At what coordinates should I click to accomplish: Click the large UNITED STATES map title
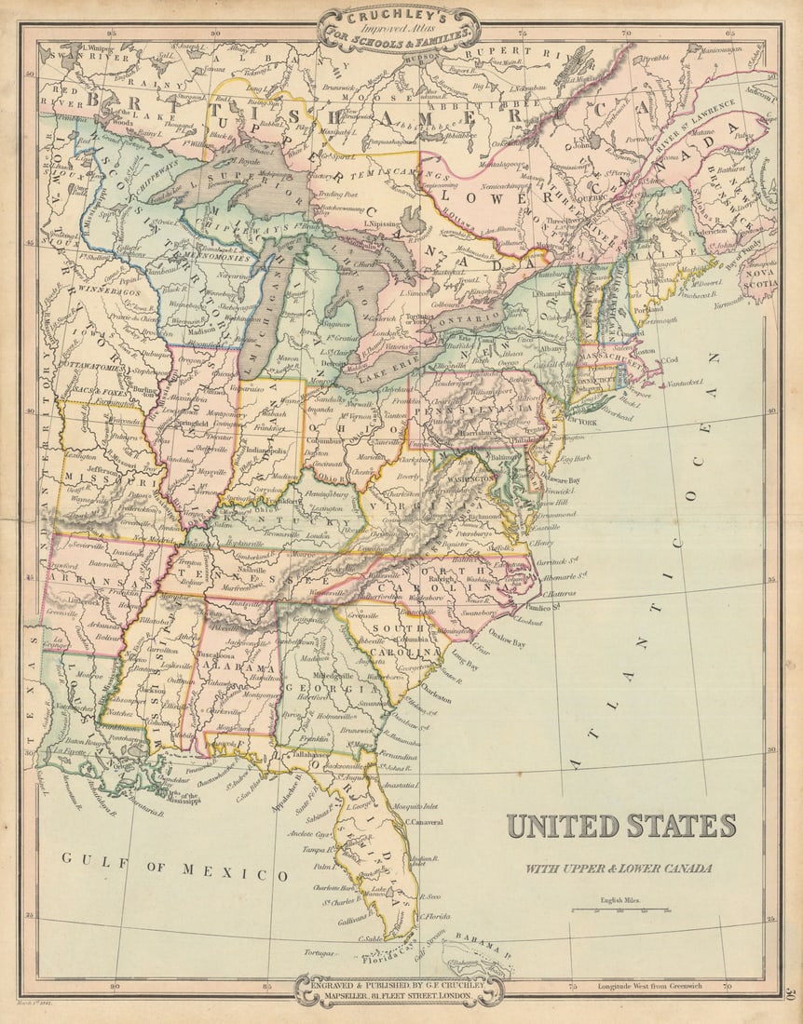pos(620,826)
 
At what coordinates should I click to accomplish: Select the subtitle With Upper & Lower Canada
pos(619,869)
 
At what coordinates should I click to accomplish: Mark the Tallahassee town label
pos(312,755)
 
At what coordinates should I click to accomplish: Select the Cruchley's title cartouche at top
pos(399,30)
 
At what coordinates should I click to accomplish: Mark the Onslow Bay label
pos(506,642)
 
